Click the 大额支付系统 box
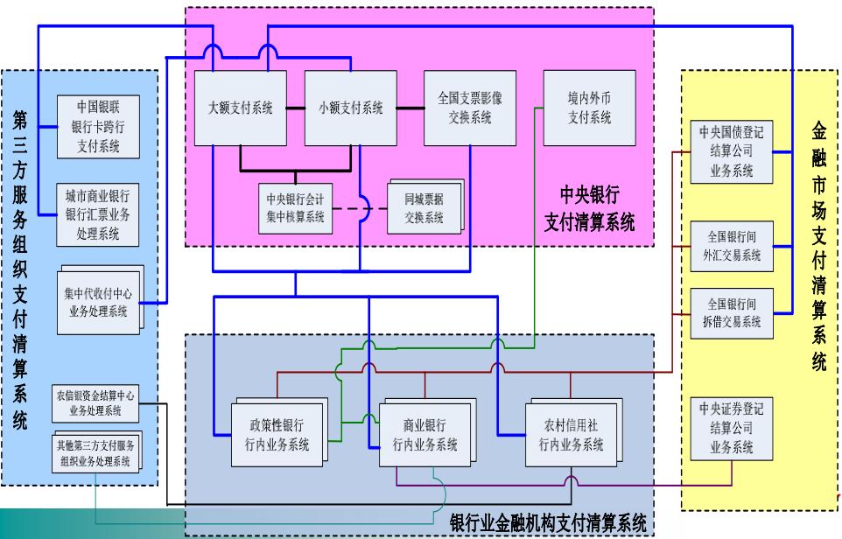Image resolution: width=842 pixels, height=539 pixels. pos(239,108)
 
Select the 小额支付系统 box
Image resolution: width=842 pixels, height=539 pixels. pos(348,108)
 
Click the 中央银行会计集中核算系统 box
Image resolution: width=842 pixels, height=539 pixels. pos(295,208)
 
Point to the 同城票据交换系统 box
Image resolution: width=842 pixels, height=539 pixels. pos(424,208)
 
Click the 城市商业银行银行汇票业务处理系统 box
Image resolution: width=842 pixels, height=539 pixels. pos(98,213)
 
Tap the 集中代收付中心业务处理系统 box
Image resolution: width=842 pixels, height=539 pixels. pos(98,299)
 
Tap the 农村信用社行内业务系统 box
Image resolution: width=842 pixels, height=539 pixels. pos(570,434)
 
